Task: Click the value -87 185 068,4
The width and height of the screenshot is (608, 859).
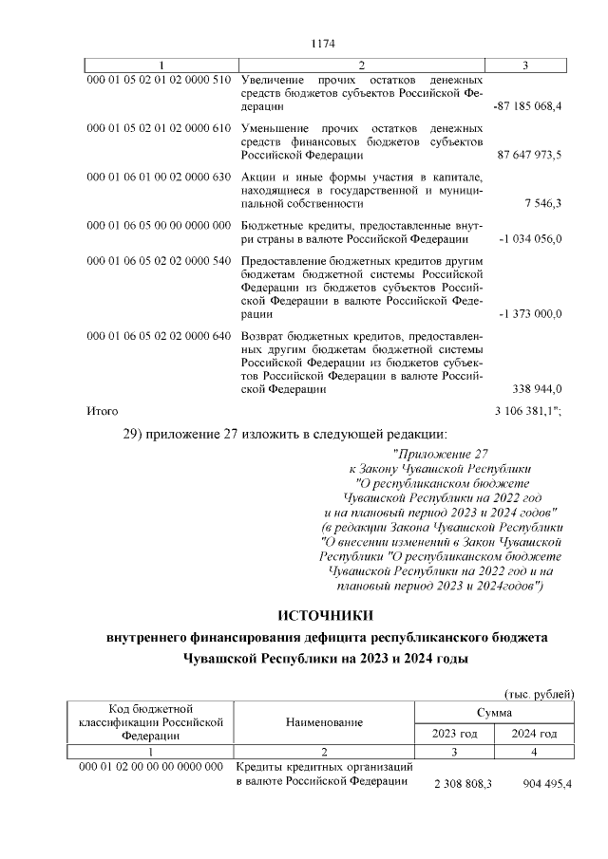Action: point(527,106)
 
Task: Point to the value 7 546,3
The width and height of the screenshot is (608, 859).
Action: point(542,203)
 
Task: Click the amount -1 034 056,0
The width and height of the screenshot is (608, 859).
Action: point(529,238)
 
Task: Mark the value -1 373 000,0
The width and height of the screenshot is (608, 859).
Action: point(529,313)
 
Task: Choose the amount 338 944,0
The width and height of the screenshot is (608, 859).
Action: point(538,388)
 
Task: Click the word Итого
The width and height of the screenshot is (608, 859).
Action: point(102,411)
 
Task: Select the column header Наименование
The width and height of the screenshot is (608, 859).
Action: point(324,723)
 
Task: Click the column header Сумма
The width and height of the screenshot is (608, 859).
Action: point(495,712)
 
